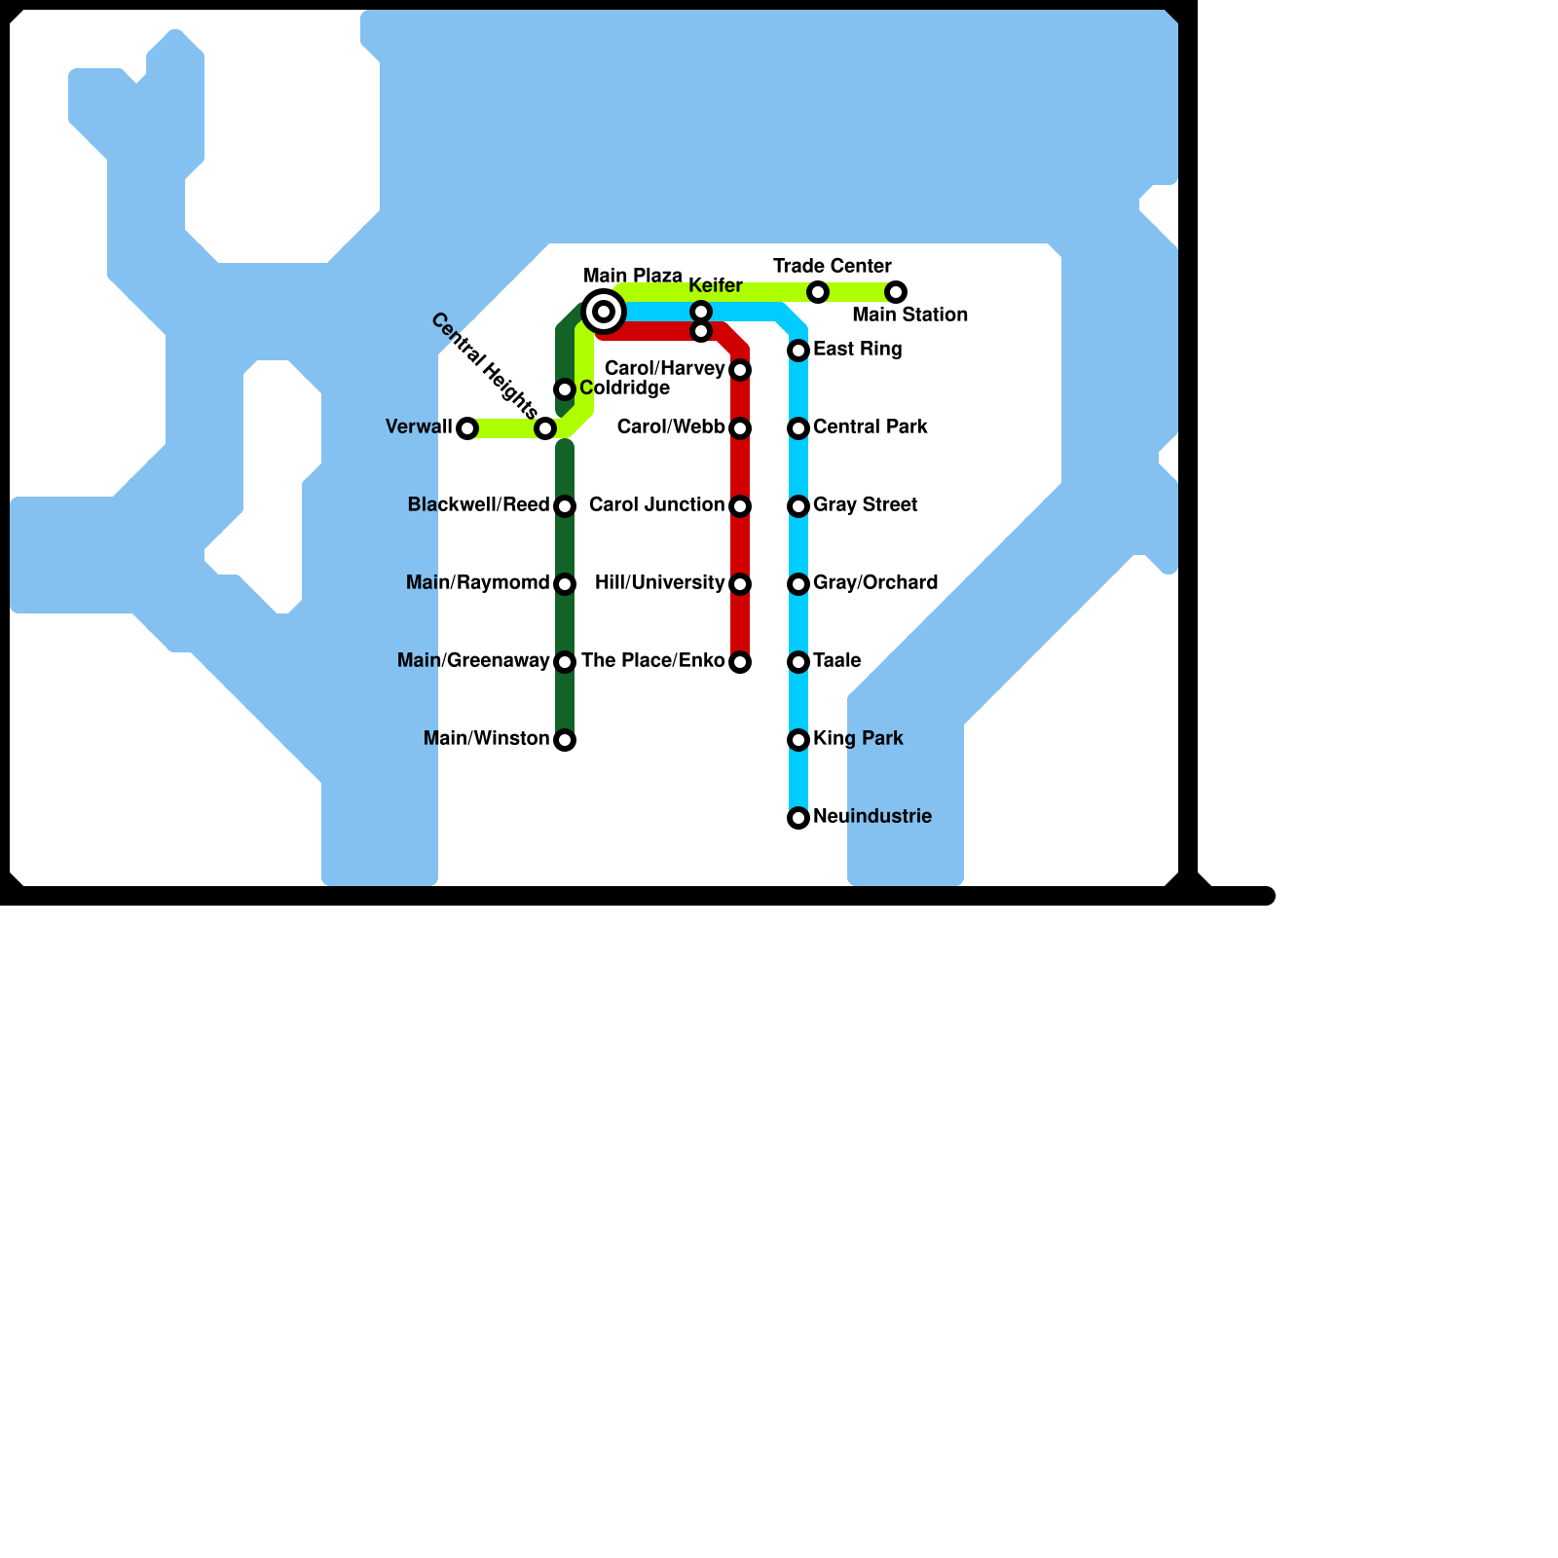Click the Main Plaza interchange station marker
(x=604, y=312)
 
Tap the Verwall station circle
(x=467, y=428)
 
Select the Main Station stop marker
(x=896, y=292)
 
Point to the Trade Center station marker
(x=818, y=292)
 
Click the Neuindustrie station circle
(x=798, y=818)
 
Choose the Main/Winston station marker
(x=565, y=740)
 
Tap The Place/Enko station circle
(x=740, y=662)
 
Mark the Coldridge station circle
(x=565, y=389)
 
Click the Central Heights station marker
(x=545, y=428)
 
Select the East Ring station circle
(x=798, y=351)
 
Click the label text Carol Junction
(x=656, y=504)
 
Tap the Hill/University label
(x=659, y=582)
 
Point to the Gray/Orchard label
(x=875, y=582)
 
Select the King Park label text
(x=858, y=738)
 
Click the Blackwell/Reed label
(x=478, y=504)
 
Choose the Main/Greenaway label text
(x=473, y=660)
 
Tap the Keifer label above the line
(x=716, y=285)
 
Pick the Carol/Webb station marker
(x=740, y=428)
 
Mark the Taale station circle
(x=798, y=662)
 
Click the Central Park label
(x=870, y=427)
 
